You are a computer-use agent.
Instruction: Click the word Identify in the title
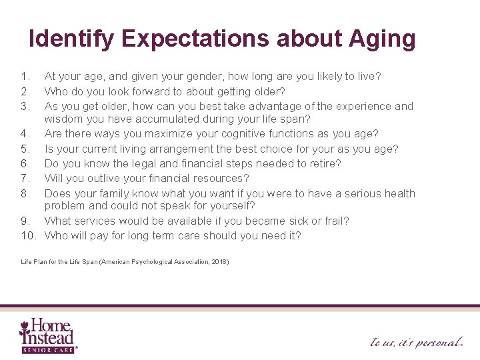coord(72,39)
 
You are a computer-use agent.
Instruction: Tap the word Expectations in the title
coord(195,39)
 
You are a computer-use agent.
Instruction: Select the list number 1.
coord(25,77)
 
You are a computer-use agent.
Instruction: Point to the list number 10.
coord(29,235)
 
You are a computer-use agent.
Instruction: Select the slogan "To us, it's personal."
coord(417,342)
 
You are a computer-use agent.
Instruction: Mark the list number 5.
coord(25,149)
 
